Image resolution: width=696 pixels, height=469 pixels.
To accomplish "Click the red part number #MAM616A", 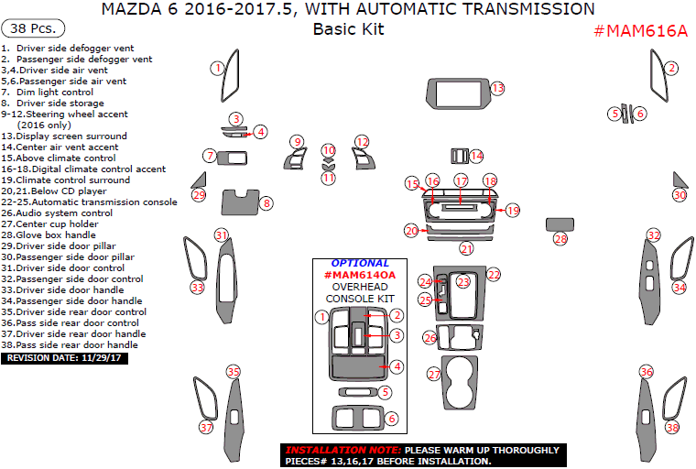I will click(641, 30).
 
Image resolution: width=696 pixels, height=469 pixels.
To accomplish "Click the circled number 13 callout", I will click(497, 88).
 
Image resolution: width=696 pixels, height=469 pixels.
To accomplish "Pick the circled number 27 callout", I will click(434, 374).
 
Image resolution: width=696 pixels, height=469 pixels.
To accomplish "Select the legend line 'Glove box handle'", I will click(54, 234).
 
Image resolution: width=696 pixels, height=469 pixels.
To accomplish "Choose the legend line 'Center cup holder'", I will click(57, 224).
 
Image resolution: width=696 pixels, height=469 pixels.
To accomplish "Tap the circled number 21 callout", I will click(467, 248).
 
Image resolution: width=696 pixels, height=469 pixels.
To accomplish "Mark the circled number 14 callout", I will click(476, 156).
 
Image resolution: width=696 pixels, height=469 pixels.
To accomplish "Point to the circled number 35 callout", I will click(234, 371).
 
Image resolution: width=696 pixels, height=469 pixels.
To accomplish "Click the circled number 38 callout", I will click(673, 428).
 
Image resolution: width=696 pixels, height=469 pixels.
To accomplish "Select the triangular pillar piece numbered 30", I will click(680, 180).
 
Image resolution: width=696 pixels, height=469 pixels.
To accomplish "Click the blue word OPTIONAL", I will click(360, 264).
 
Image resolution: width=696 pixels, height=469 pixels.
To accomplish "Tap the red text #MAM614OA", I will click(360, 275).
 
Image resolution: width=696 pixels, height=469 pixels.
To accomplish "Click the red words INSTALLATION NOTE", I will click(342, 451).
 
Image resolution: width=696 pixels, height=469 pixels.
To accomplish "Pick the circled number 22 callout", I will click(494, 274).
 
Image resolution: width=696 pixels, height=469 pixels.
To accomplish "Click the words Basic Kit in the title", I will click(348, 28).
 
